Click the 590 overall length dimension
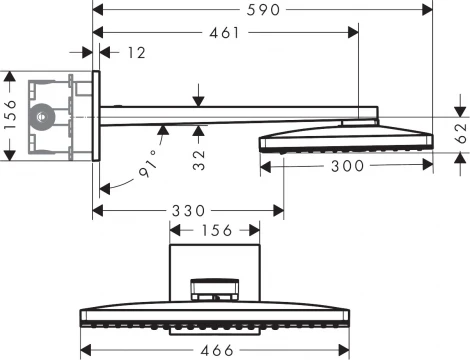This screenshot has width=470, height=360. click(265, 10)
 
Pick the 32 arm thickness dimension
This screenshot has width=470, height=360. click(201, 158)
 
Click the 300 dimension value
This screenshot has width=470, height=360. click(347, 167)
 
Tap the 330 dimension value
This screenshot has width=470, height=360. click(187, 211)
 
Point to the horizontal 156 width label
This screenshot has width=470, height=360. click(215, 231)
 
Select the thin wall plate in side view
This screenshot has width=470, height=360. click(97, 115)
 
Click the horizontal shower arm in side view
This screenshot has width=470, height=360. click(230, 113)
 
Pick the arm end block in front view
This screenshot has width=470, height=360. click(216, 290)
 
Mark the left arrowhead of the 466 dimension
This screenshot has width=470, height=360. click(83, 350)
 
